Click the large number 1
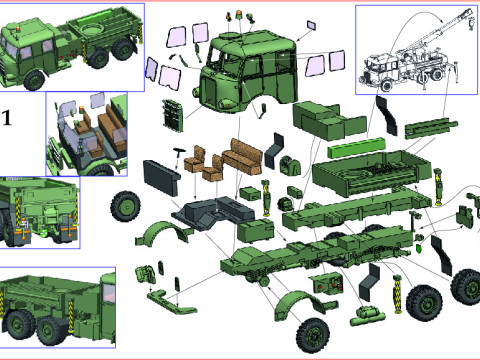click(x=7, y=118)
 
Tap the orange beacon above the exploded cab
click(x=239, y=15)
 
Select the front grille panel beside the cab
click(x=173, y=115)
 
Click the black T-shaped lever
click(x=179, y=155)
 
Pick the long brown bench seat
click(x=243, y=156)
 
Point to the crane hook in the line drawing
click(x=471, y=24)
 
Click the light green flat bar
click(x=356, y=147)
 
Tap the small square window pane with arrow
click(x=312, y=25)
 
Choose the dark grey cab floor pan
click(x=213, y=212)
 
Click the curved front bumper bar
click(x=171, y=302)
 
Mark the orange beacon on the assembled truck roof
click(x=17, y=28)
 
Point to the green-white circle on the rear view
click(x=42, y=234)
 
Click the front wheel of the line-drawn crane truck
click(x=386, y=85)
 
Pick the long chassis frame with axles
click(x=317, y=253)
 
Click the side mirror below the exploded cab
click(x=262, y=111)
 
